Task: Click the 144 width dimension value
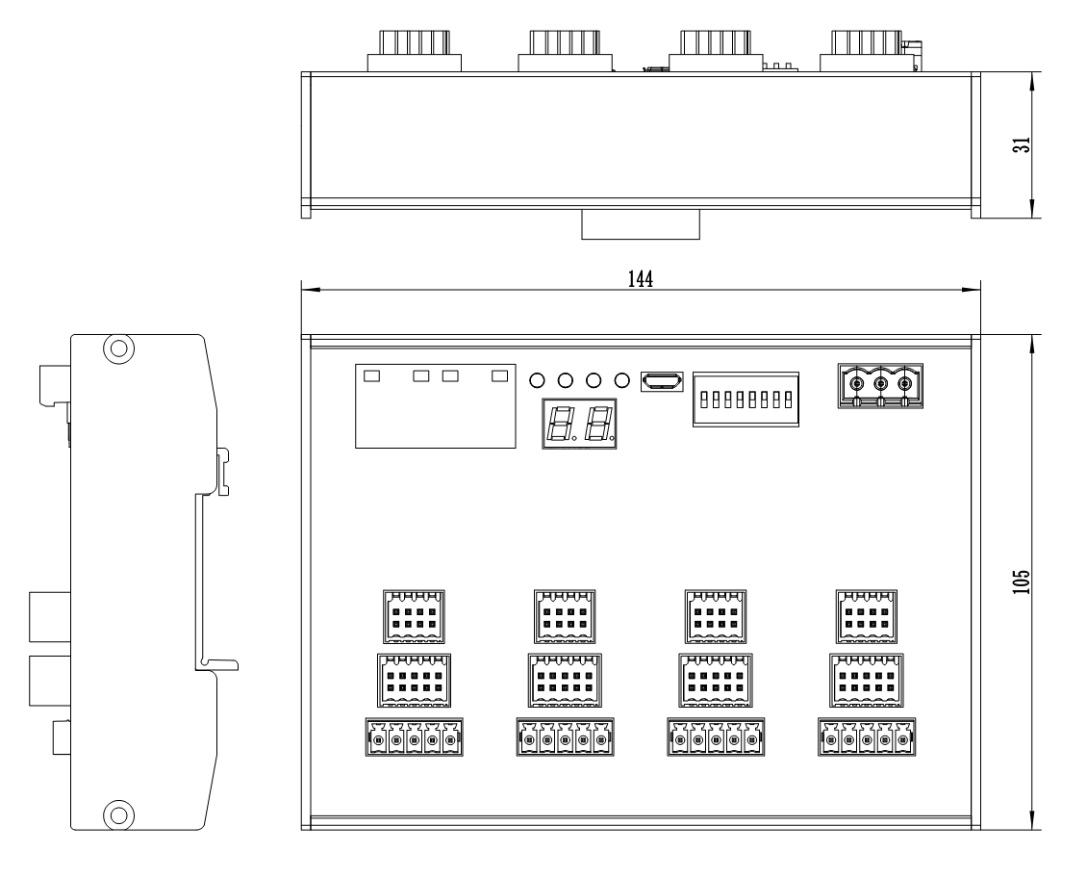point(641,278)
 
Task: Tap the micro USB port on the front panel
point(662,381)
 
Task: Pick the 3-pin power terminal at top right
point(880,386)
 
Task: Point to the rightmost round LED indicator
point(622,380)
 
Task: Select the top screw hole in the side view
point(117,348)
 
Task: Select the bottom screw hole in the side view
point(117,814)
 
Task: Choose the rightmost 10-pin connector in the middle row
point(867,681)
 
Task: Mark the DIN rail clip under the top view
point(640,226)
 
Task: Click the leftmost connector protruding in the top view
point(415,50)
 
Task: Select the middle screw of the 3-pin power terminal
point(880,384)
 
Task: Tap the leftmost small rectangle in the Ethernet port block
point(372,374)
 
